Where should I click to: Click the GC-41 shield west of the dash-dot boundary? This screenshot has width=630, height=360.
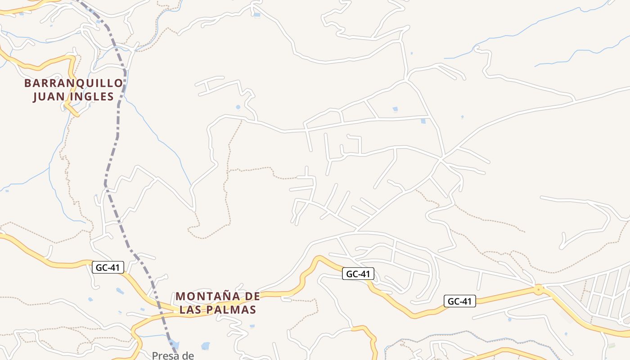pos(108,267)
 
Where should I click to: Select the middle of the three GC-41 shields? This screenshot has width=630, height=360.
pos(358,273)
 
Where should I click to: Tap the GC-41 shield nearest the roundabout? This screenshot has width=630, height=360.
pos(460,301)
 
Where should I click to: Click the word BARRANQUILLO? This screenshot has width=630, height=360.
pos(73,83)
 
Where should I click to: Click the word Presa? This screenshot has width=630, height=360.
pos(162,355)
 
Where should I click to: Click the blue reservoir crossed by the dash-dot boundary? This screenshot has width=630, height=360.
pos(175,345)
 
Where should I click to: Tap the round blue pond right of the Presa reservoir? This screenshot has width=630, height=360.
pos(205,346)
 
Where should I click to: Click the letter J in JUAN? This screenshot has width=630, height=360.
pos(35,97)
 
